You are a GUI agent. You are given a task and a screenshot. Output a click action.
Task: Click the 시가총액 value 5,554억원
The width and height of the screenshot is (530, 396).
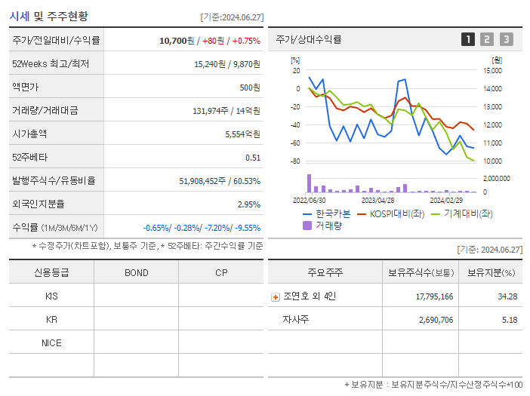point(242,134)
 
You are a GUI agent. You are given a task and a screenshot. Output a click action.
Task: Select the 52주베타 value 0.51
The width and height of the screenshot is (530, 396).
point(252,158)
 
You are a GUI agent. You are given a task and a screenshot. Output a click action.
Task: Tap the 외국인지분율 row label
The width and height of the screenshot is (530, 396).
point(39,204)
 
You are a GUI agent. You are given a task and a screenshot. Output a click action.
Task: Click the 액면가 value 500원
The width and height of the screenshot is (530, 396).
point(250,87)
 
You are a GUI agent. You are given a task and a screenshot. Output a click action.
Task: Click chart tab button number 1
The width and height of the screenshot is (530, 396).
point(468,40)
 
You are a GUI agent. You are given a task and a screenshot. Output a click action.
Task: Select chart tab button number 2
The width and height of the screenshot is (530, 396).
point(487,40)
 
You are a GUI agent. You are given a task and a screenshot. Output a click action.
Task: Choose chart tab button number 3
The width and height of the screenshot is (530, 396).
point(506,40)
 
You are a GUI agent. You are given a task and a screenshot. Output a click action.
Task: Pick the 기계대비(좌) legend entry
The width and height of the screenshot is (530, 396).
point(461,213)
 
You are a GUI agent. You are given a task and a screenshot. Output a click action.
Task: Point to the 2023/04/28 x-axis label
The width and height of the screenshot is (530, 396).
point(377,201)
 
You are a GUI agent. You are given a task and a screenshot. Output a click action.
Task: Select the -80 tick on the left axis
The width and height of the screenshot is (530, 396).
point(295,161)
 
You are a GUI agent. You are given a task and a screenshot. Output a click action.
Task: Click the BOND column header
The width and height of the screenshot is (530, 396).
point(136,272)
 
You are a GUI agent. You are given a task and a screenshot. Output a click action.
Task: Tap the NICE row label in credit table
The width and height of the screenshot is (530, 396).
point(51,342)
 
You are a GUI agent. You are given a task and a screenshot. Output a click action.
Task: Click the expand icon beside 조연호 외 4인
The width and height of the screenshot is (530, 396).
point(275,296)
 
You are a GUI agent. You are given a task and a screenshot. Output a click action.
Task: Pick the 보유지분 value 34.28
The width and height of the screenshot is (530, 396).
point(507,296)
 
